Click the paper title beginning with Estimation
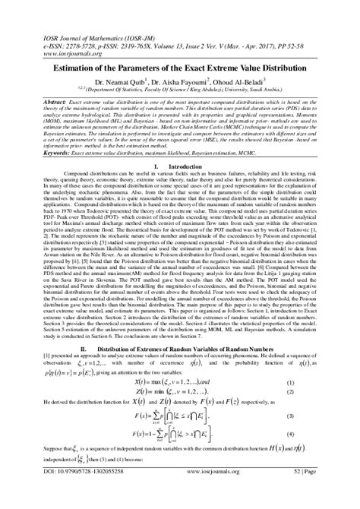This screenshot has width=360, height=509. click(x=180, y=68)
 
